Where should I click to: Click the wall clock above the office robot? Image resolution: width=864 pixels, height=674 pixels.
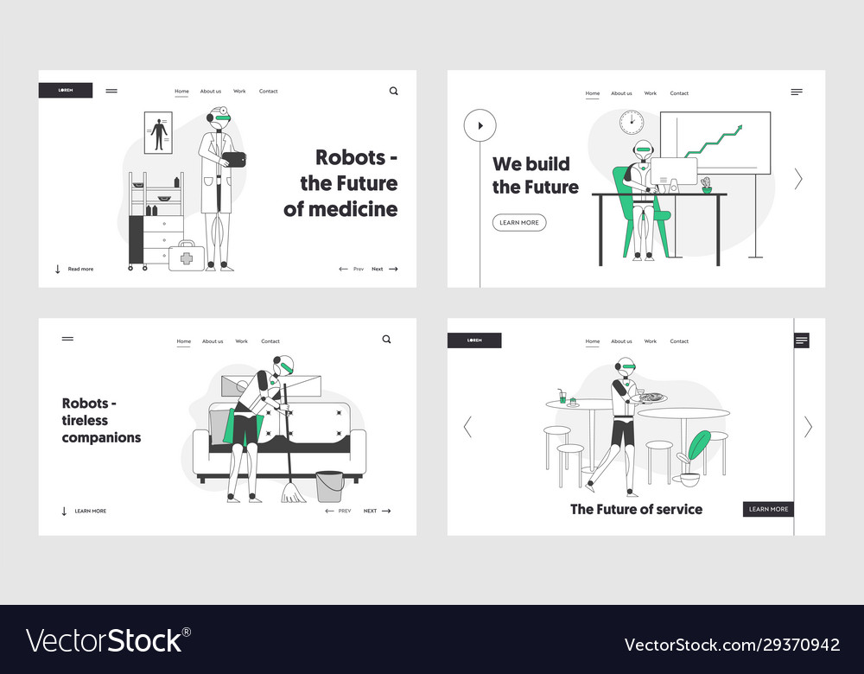click(x=632, y=122)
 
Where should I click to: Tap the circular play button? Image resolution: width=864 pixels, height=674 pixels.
click(x=480, y=125)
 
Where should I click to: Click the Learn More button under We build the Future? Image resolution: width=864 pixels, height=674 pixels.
click(x=519, y=223)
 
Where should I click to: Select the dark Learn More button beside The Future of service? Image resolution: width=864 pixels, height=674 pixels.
click(x=768, y=509)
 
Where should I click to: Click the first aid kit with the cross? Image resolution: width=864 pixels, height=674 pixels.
click(x=187, y=257)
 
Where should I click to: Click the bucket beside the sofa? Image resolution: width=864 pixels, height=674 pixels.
click(x=330, y=486)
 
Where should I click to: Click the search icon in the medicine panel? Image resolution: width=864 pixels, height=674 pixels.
click(x=394, y=91)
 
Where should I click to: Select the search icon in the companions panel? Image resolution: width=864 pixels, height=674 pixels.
click(x=387, y=340)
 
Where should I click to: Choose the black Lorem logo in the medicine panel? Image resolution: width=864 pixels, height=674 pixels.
click(x=66, y=91)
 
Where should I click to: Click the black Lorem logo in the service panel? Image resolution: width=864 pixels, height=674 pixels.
click(x=474, y=340)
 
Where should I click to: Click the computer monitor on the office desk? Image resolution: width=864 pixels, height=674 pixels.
click(x=674, y=172)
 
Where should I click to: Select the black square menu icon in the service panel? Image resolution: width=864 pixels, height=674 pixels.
click(x=801, y=340)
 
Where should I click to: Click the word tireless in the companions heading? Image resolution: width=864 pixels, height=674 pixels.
click(x=84, y=421)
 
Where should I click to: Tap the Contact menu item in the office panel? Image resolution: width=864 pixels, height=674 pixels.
click(x=679, y=93)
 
